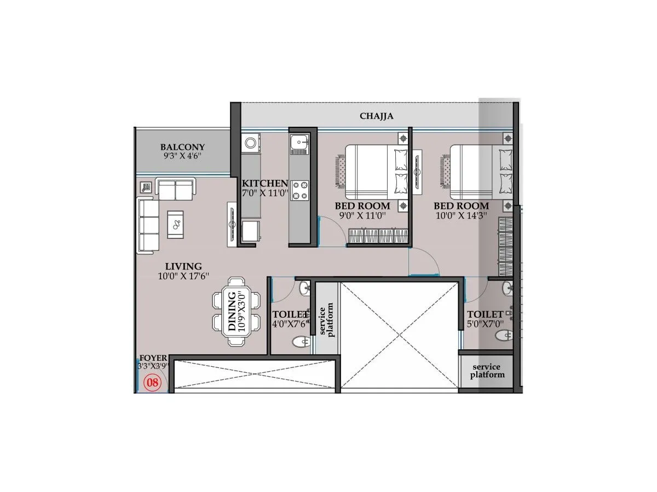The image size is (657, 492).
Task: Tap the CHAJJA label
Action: tap(376, 116)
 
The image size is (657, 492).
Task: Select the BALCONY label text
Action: tap(182, 147)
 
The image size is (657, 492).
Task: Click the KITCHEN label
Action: tap(265, 183)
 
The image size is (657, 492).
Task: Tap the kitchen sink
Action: tap(299, 143)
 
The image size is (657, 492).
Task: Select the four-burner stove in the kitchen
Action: tap(299, 190)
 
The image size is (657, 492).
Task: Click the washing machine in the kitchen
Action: tap(251, 143)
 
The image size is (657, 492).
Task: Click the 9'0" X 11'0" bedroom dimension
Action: tap(363, 215)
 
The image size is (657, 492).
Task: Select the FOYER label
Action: tap(153, 358)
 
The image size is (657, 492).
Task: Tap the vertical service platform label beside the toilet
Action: tap(326, 322)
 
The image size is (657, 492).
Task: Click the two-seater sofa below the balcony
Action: tap(175, 189)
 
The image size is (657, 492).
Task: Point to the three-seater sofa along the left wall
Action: tap(147, 226)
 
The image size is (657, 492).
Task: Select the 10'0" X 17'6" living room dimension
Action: tap(183, 277)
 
